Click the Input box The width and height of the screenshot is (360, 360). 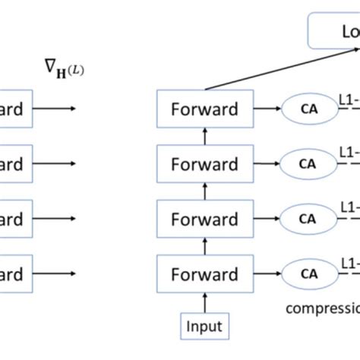click(x=204, y=327)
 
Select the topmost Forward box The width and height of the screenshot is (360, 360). click(x=204, y=109)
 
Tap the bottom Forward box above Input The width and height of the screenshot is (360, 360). click(x=204, y=274)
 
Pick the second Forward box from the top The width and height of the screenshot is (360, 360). click(x=204, y=164)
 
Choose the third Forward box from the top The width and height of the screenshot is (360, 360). click(x=204, y=219)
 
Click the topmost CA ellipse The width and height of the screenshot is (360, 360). click(x=307, y=109)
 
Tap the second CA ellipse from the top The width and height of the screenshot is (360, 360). click(x=307, y=164)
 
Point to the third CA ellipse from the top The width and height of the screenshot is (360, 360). click(x=307, y=219)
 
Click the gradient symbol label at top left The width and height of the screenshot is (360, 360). click(x=64, y=71)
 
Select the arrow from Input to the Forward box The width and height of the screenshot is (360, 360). click(x=204, y=302)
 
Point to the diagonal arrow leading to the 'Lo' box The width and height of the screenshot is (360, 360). click(x=258, y=68)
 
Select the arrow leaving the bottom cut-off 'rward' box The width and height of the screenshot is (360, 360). click(x=55, y=274)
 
